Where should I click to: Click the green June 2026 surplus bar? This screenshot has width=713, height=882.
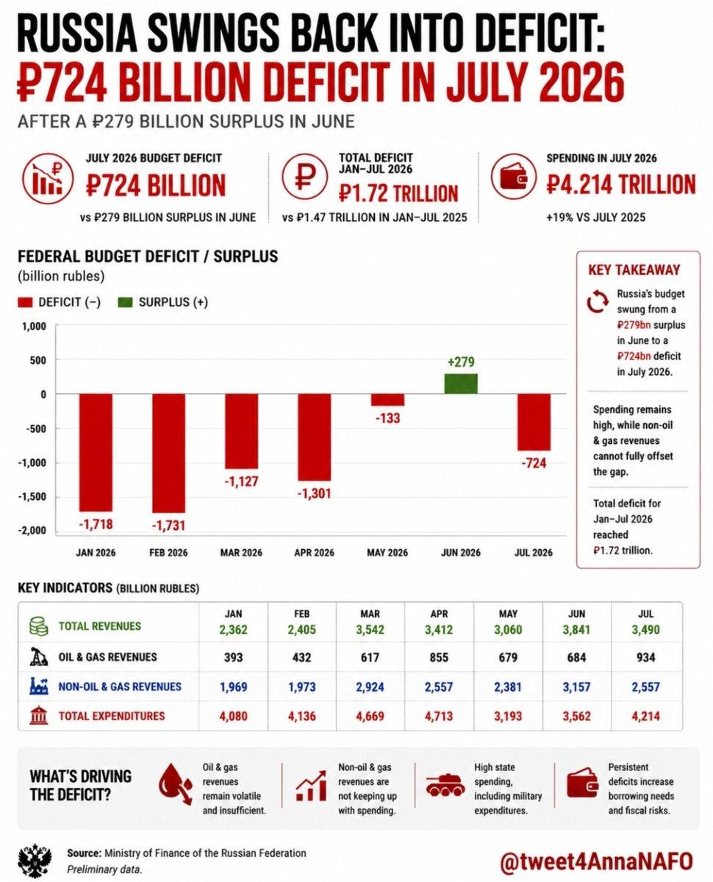coord(460,384)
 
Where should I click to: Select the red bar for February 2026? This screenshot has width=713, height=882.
coord(168,453)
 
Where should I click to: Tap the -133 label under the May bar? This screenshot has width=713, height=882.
coord(387,418)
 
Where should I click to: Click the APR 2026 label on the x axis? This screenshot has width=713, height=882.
coord(315,553)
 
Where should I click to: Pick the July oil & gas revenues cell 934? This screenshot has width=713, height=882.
coord(645,657)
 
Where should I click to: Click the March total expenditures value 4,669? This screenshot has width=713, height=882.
coord(370,716)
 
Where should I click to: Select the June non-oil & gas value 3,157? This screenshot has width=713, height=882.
coord(576,687)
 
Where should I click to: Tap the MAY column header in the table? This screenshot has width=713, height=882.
coord(508,614)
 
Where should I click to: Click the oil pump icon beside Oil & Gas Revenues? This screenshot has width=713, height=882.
coord(39,657)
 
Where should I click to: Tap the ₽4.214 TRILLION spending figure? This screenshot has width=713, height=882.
coord(621,184)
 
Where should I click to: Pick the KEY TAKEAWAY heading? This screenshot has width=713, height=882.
coord(634,270)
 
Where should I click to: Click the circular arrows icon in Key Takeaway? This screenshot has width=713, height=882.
coord(598,301)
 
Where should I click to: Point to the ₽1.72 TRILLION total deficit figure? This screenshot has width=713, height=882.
coord(398,193)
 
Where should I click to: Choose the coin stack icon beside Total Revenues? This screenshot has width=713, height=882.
coord(39,626)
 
